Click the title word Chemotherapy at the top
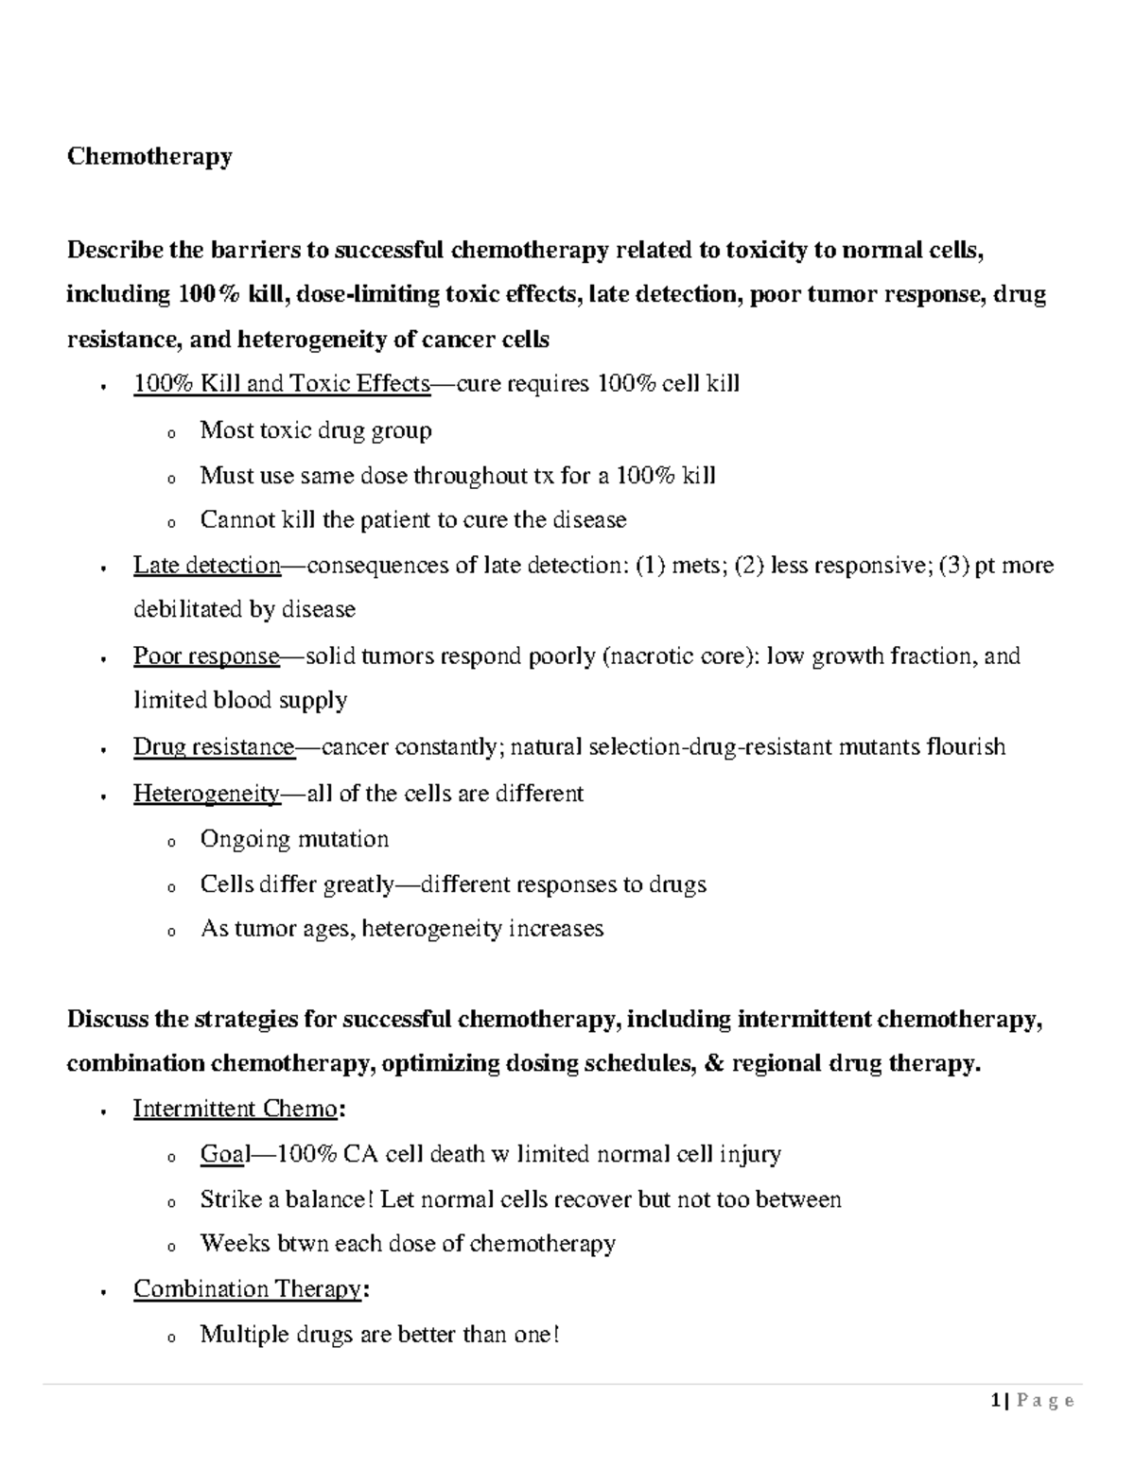148,156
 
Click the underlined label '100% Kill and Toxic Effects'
281,383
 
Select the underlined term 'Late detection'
206,566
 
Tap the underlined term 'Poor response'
205,656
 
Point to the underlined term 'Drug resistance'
214,747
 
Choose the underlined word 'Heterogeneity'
206,794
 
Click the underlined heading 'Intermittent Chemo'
235,1109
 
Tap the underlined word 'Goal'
224,1154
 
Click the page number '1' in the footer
995,1401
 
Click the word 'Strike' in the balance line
231,1199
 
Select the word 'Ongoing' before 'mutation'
244,839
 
